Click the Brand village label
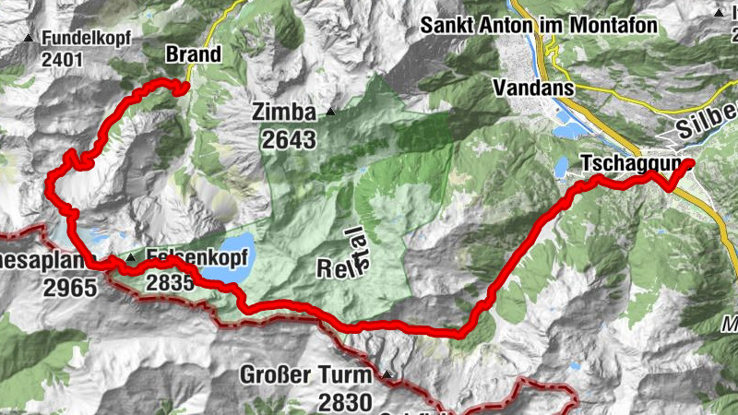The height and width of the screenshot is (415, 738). [194, 54]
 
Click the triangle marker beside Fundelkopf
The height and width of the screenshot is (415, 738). [29, 39]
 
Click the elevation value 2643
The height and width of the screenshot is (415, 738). [288, 140]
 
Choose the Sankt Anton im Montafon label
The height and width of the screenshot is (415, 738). [539, 26]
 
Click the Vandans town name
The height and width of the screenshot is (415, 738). [533, 89]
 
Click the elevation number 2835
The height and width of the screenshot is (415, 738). [170, 283]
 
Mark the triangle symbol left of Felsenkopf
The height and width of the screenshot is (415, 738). [132, 259]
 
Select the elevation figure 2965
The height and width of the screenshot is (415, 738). [69, 288]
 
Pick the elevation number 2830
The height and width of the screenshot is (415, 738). [345, 401]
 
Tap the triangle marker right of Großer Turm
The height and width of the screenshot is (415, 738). [387, 374]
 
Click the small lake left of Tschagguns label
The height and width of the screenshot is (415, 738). [562, 167]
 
